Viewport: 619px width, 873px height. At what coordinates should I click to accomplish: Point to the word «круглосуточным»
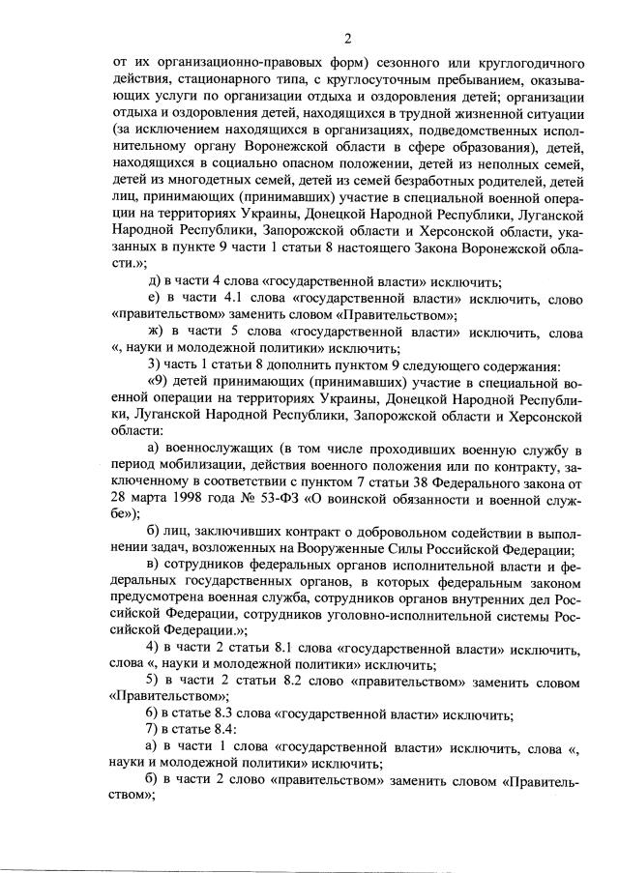(x=369, y=80)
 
